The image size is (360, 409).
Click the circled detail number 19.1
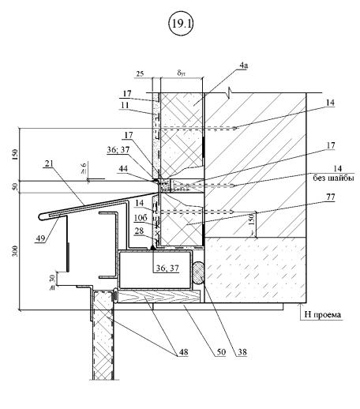coord(181,24)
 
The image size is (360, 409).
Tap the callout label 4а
coord(244,66)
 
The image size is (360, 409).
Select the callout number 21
coord(49,163)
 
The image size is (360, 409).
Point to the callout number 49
coord(40,238)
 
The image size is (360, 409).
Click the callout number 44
coord(123,169)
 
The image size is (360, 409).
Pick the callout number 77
coord(330,197)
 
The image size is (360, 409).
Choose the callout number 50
coord(221,352)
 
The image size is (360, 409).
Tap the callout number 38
coord(242,352)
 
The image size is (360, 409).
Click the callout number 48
coord(183,352)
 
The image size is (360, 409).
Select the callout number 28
coord(139,231)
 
